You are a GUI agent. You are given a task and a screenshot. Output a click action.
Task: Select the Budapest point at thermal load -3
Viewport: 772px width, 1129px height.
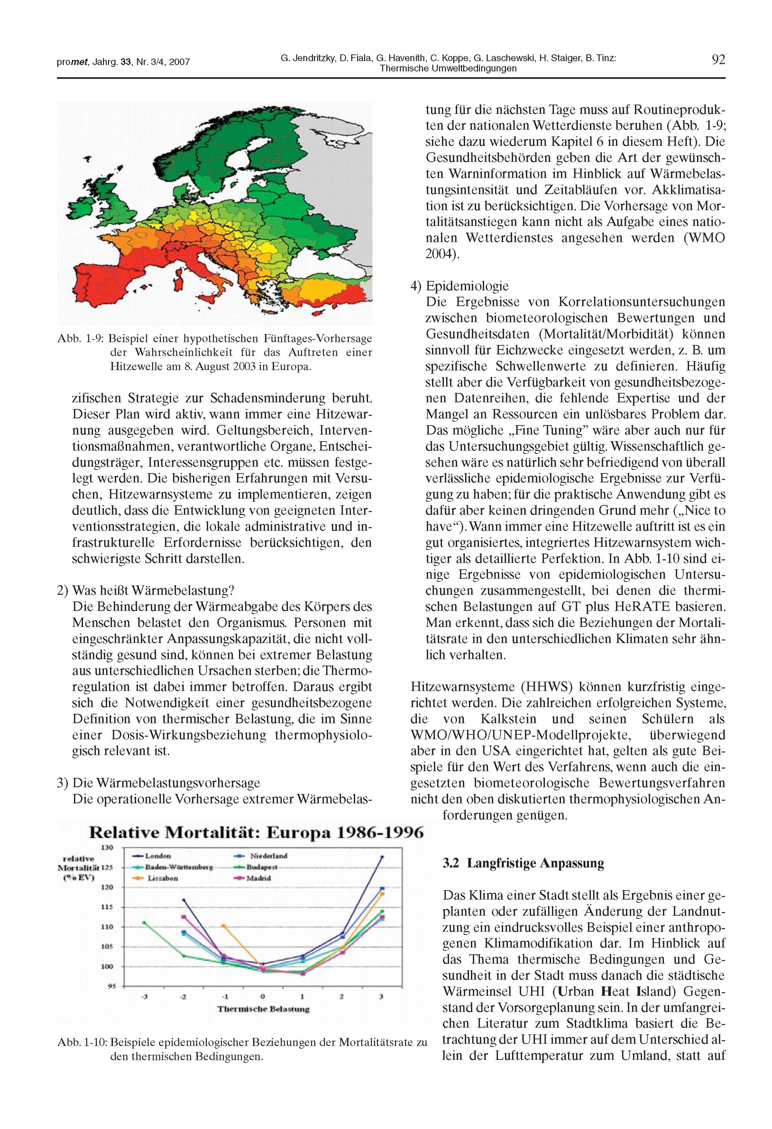click(144, 922)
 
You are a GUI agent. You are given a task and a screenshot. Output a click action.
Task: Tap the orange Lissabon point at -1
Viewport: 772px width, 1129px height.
click(223, 926)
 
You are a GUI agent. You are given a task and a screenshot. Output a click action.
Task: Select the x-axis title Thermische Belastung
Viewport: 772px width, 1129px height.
click(263, 1009)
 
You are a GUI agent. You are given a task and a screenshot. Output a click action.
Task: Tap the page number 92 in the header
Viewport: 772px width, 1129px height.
click(718, 60)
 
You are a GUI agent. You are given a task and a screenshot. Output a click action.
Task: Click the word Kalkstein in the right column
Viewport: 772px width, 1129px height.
click(508, 719)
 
